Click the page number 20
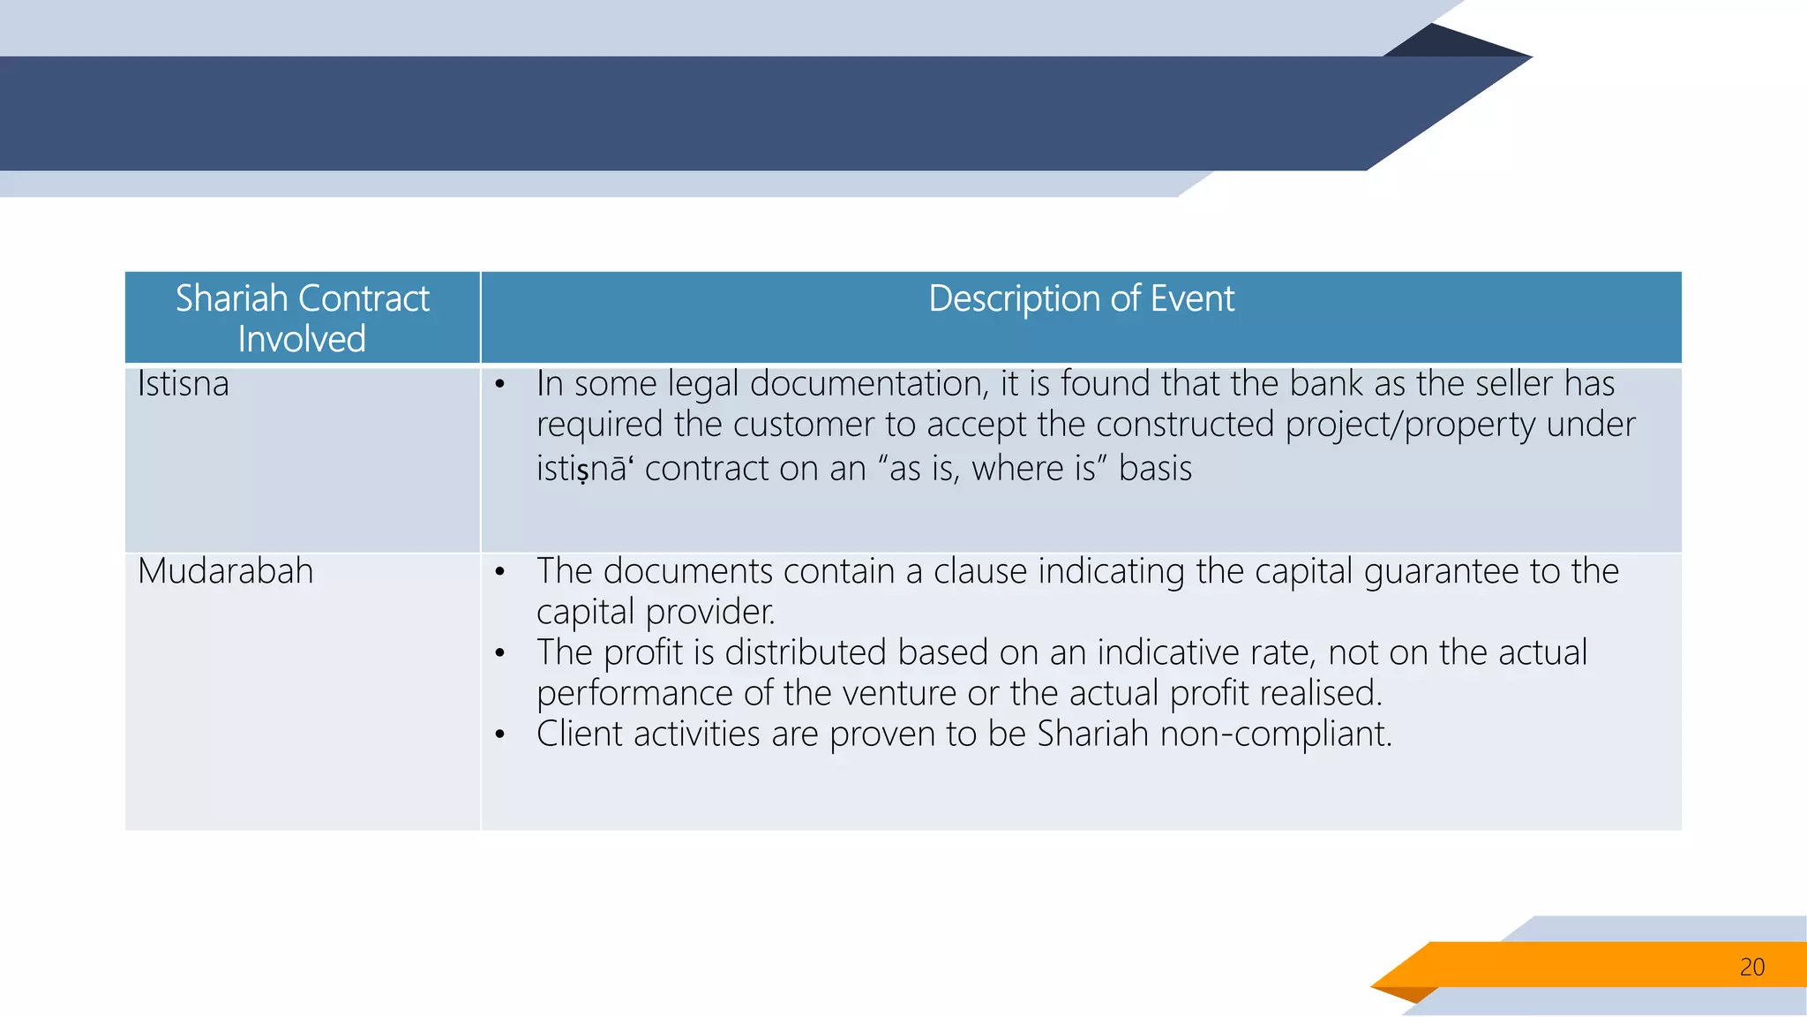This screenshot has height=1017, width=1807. (1751, 967)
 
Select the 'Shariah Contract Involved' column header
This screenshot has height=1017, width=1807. (302, 318)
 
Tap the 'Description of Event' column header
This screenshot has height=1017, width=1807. (1081, 299)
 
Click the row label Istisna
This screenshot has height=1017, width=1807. (184, 384)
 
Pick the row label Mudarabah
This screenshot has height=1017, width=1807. (226, 571)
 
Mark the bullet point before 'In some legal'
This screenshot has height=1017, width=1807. (500, 384)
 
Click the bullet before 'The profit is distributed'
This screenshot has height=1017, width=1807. (500, 653)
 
